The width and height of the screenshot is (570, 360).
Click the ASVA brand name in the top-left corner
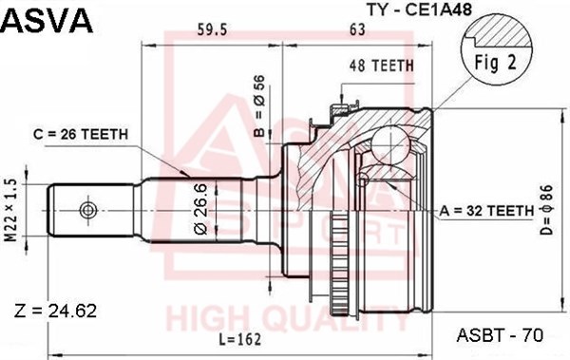tap(47, 20)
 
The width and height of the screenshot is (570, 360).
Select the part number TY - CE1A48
tap(420, 9)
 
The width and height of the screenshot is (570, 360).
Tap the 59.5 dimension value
tap(212, 29)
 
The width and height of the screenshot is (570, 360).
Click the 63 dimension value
tap(357, 29)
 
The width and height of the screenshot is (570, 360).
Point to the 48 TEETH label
tap(381, 66)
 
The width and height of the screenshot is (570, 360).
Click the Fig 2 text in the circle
tap(496, 63)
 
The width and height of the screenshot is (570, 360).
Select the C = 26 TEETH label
tap(81, 134)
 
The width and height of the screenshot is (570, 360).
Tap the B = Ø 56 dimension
tap(260, 105)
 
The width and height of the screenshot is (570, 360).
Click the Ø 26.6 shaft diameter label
tap(201, 210)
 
